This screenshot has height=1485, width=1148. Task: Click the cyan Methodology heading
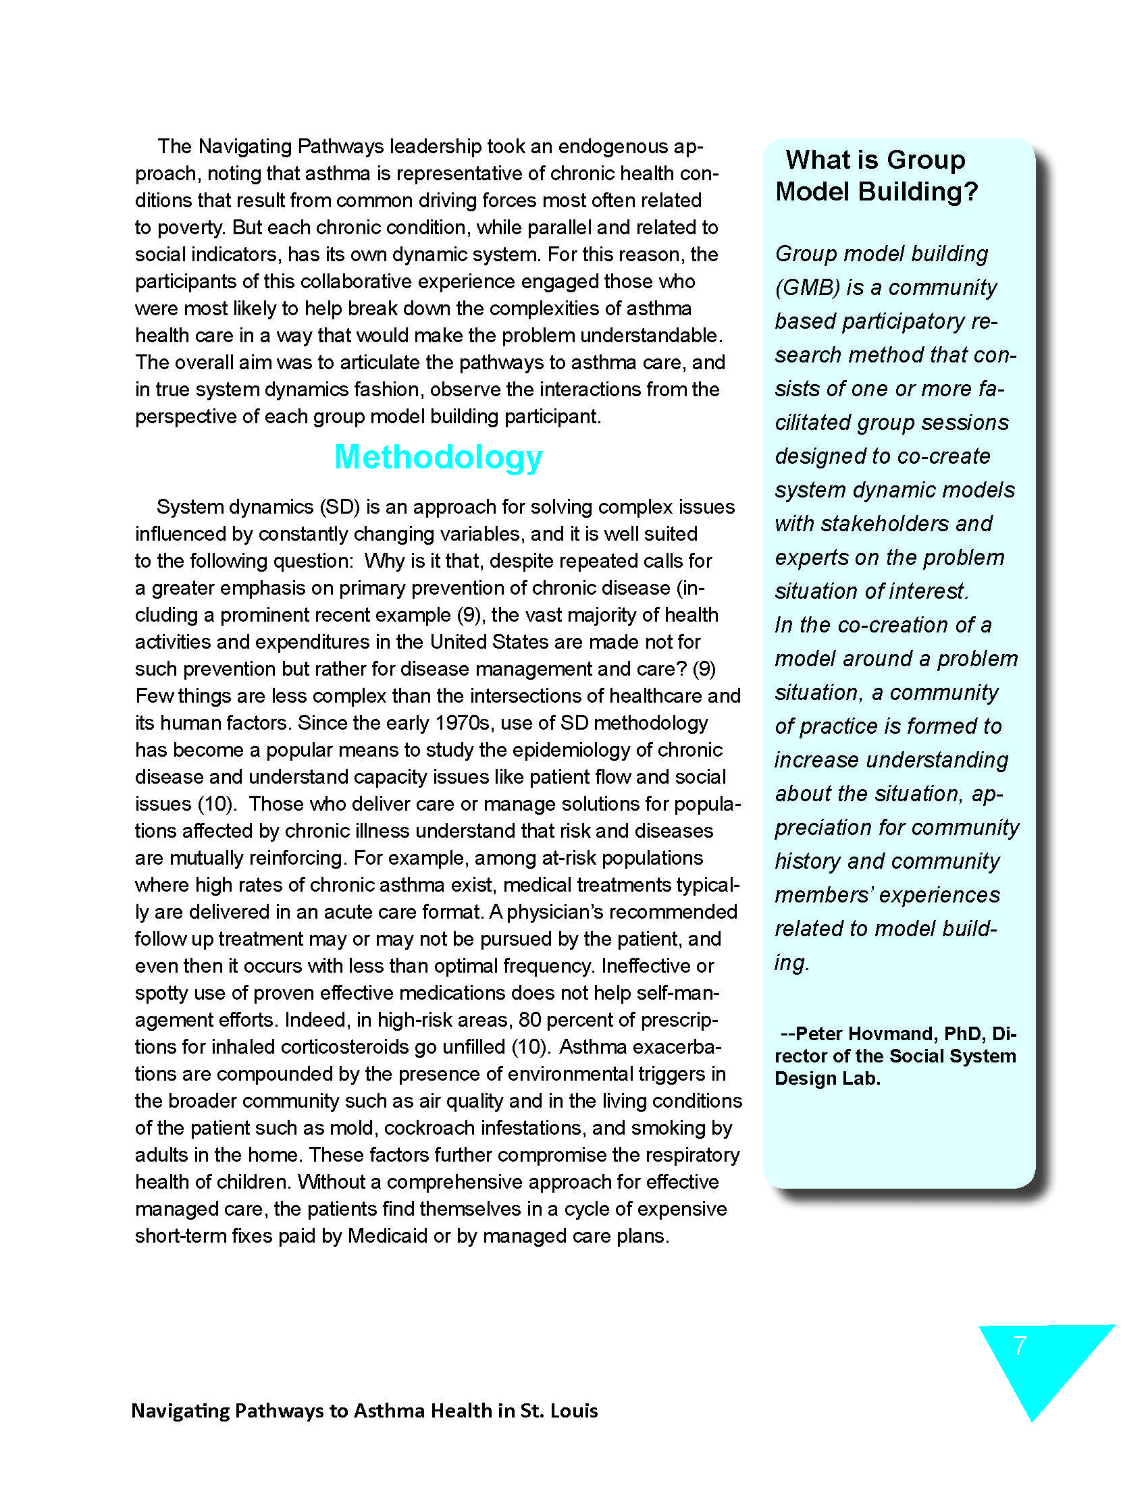[438, 457]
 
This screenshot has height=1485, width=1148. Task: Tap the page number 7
[1020, 1345]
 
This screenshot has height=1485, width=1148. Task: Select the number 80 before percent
[531, 1020]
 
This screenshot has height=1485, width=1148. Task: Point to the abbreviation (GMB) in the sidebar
[807, 288]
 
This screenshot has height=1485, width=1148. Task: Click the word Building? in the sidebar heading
[918, 192]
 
